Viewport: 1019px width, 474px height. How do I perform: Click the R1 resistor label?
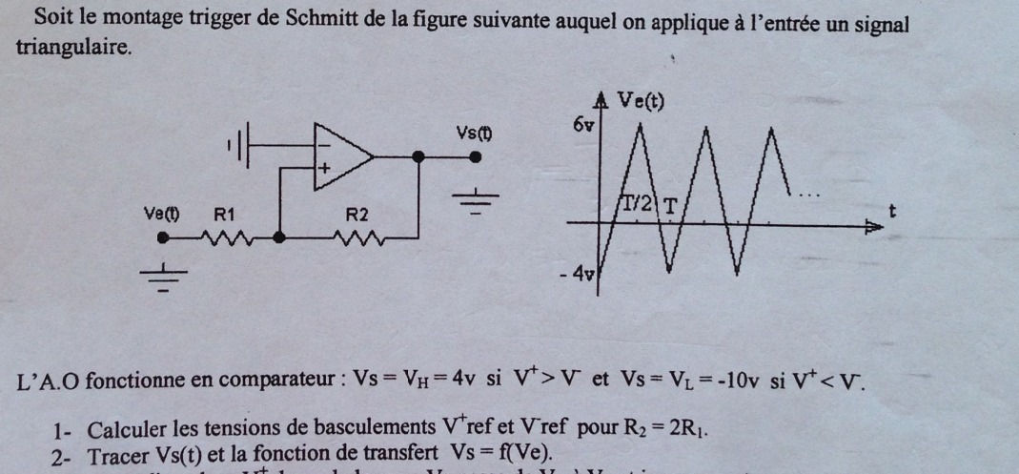pos(225,215)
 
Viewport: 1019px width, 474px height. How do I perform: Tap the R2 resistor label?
pos(357,215)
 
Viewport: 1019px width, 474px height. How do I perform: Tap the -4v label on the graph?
pos(578,275)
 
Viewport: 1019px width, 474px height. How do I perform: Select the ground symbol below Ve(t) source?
pos(164,276)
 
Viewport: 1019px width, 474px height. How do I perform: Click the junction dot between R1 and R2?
pos(280,236)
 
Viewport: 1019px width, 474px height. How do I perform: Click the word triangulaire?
pos(72,48)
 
